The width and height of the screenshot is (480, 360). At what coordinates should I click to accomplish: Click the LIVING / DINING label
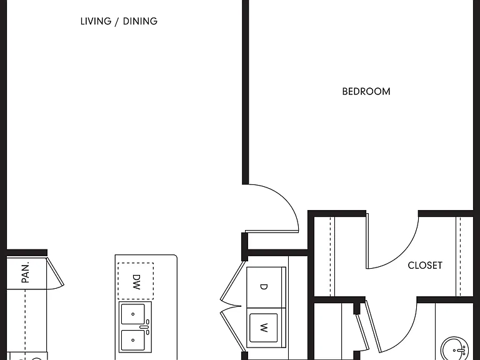click(x=119, y=21)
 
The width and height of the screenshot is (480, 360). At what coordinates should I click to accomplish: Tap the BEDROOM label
click(x=366, y=91)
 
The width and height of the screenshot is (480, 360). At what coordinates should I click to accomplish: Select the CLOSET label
click(x=425, y=265)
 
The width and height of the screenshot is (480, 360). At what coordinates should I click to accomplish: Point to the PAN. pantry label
click(x=26, y=272)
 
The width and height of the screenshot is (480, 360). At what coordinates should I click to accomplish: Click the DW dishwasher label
click(x=136, y=282)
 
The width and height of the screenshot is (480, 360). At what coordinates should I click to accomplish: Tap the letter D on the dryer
click(x=263, y=287)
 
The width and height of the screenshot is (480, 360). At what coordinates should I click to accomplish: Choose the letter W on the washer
click(x=264, y=328)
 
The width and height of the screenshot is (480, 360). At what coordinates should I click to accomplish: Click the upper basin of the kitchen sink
click(x=133, y=314)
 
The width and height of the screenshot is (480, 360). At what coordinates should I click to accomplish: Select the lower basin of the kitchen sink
click(x=133, y=340)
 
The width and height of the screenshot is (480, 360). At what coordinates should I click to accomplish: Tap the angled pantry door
click(x=55, y=272)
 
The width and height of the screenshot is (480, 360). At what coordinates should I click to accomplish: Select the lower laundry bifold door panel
click(x=233, y=329)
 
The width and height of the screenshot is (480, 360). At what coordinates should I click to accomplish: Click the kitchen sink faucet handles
click(x=147, y=327)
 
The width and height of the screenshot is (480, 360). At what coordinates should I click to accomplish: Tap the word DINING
click(x=140, y=21)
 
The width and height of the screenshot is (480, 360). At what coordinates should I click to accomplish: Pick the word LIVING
click(x=96, y=21)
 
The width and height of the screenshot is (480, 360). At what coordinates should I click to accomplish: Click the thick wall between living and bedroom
click(x=245, y=92)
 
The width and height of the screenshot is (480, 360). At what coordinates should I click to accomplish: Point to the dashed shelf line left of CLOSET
click(x=330, y=256)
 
